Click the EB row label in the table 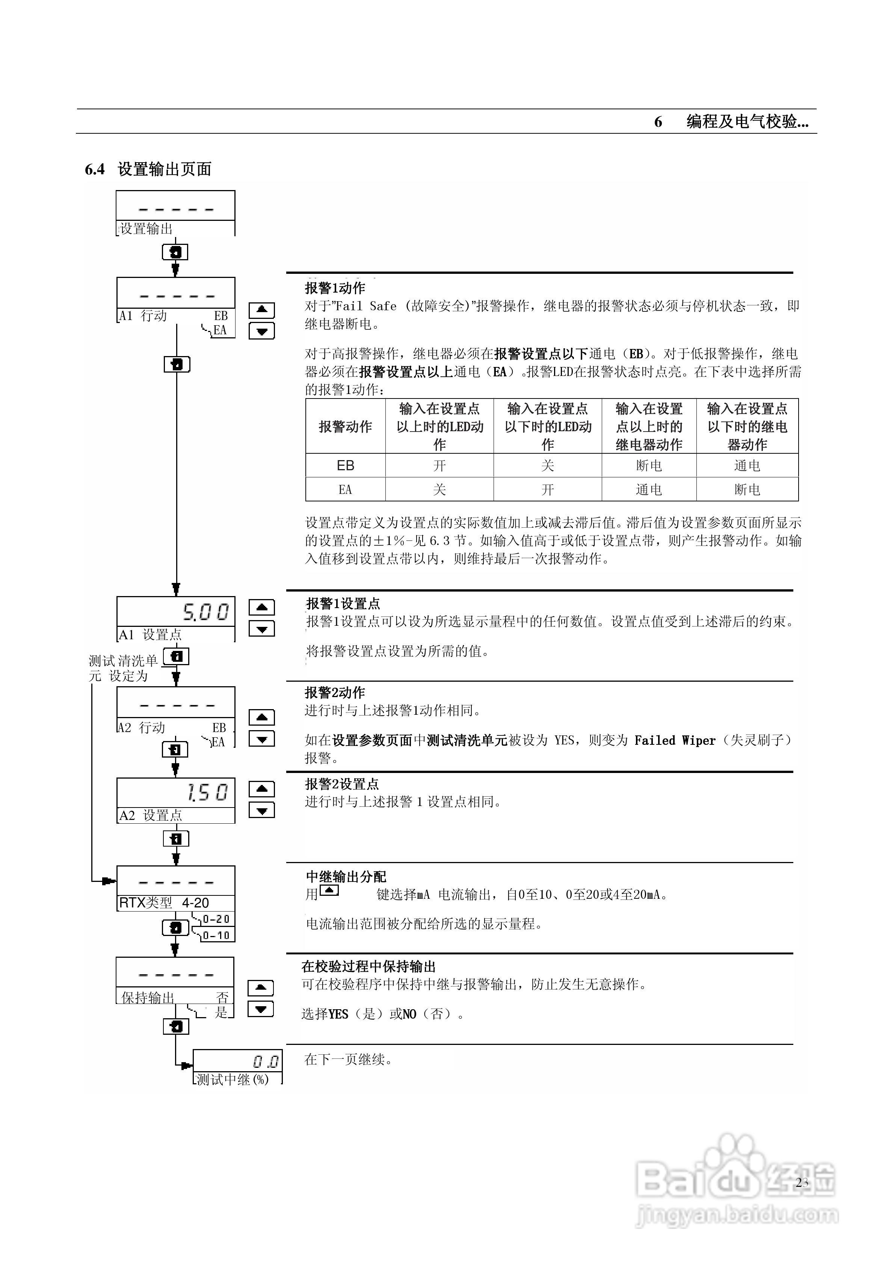[345, 466]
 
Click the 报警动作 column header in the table [345, 426]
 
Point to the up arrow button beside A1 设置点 [262, 607]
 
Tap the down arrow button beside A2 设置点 [262, 811]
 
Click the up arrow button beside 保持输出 [261, 988]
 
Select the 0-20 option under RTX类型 [216, 919]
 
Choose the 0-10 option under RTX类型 [216, 936]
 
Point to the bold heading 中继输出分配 [346, 877]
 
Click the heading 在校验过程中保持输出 [368, 966]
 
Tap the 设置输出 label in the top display [146, 229]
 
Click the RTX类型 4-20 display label [164, 903]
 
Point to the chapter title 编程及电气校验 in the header [747, 121]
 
